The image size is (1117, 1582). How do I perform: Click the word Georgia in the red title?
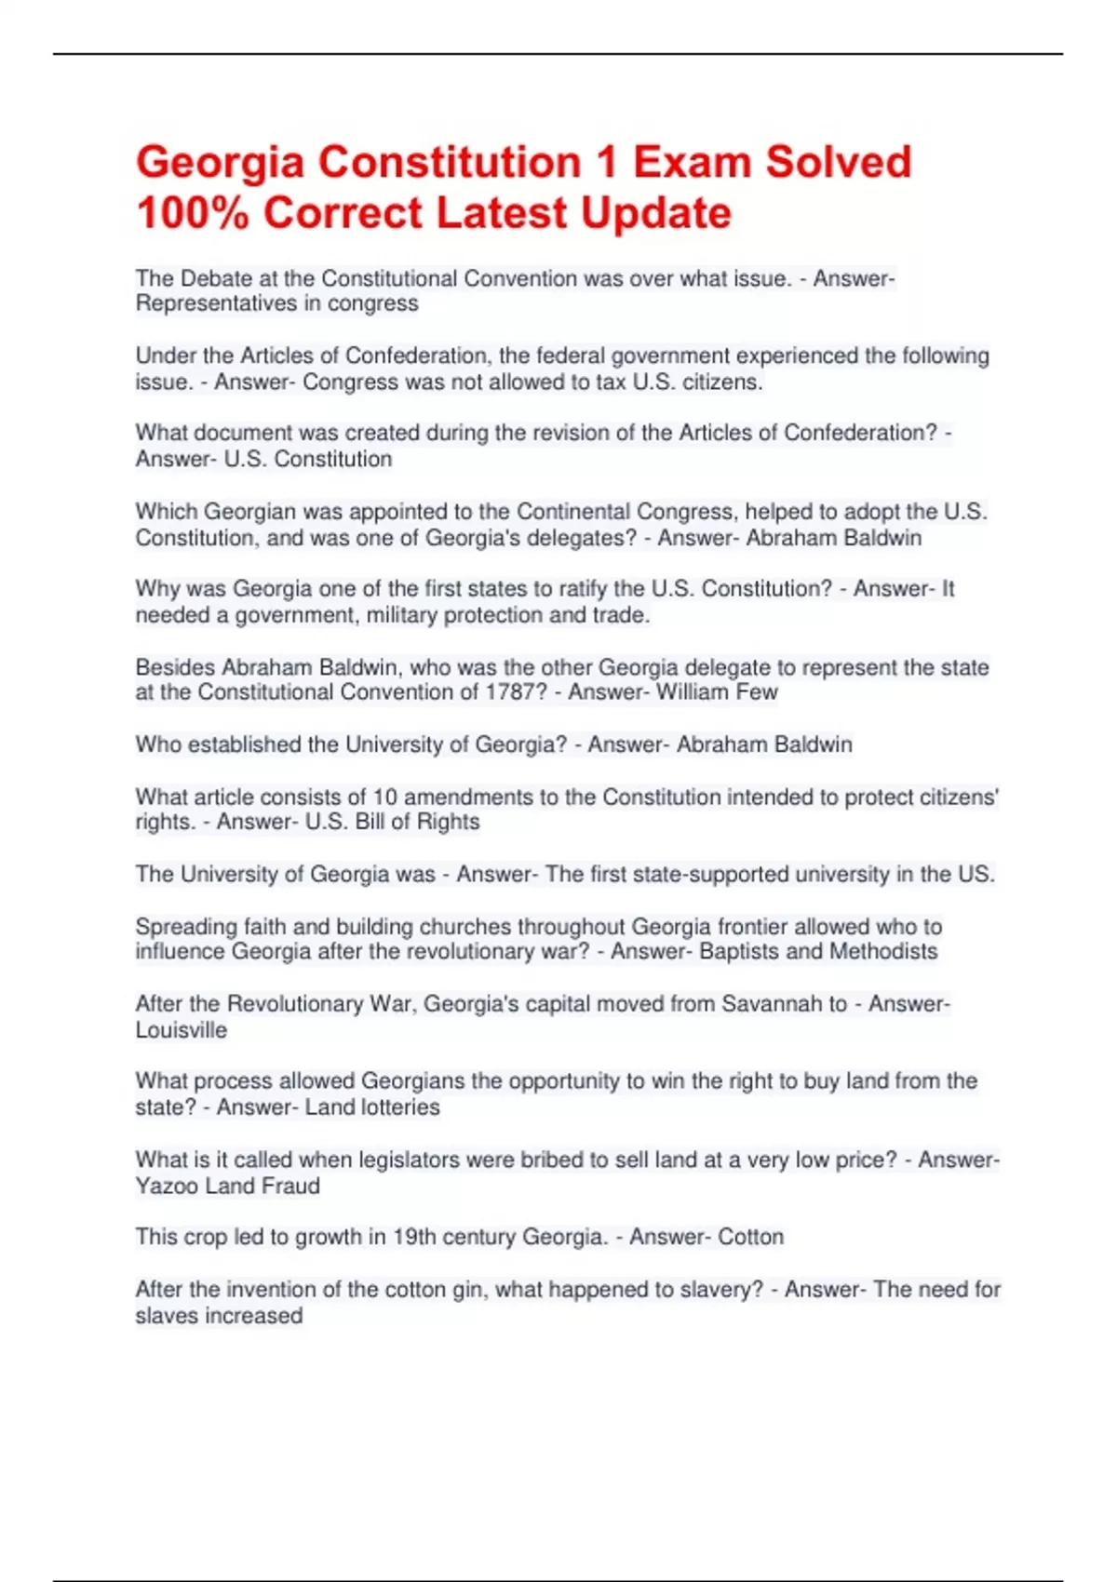[x=220, y=163]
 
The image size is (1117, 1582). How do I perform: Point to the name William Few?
[x=717, y=692]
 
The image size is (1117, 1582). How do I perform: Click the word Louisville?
[x=182, y=1030]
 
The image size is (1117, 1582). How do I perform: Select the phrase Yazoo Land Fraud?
[x=228, y=1186]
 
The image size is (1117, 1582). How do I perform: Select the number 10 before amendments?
[x=384, y=798]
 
